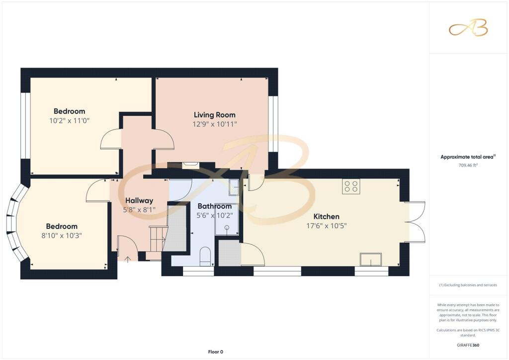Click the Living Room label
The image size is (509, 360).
tap(215, 115)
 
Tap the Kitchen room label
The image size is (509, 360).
tap(326, 216)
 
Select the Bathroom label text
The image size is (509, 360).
tap(215, 206)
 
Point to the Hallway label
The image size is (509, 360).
tap(139, 200)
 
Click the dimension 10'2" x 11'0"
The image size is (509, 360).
tap(69, 121)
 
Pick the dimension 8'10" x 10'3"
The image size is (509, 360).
tap(61, 235)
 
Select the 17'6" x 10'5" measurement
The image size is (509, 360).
tap(326, 226)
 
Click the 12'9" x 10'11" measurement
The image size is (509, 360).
tap(215, 124)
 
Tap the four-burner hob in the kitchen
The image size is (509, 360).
tap(351, 186)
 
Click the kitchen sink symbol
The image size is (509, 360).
tap(371, 260)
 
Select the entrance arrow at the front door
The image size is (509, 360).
tap(128, 260)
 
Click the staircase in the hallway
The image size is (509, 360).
tap(158, 239)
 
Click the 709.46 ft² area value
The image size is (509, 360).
tap(468, 165)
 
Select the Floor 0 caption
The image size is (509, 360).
tap(216, 352)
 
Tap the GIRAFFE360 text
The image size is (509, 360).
tap(468, 345)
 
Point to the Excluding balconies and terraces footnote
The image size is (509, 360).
tap(468, 285)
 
